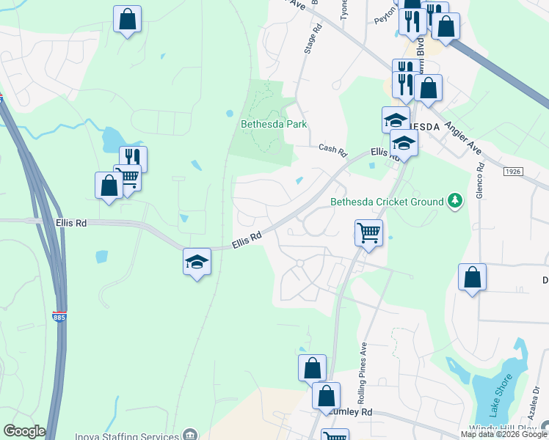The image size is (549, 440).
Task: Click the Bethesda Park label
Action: (273, 124)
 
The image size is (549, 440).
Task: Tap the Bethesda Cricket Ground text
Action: (387, 202)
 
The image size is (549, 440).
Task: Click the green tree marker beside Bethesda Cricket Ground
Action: (456, 201)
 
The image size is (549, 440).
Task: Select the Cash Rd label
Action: (332, 150)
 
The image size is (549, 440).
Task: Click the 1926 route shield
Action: (514, 171)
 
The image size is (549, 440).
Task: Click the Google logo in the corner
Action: (24, 431)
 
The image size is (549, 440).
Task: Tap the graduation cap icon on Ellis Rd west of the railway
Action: (197, 262)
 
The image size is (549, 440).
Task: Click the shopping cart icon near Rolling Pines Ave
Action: (368, 233)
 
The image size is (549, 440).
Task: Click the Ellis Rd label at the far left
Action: (70, 222)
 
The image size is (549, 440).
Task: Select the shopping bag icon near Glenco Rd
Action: (472, 277)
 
